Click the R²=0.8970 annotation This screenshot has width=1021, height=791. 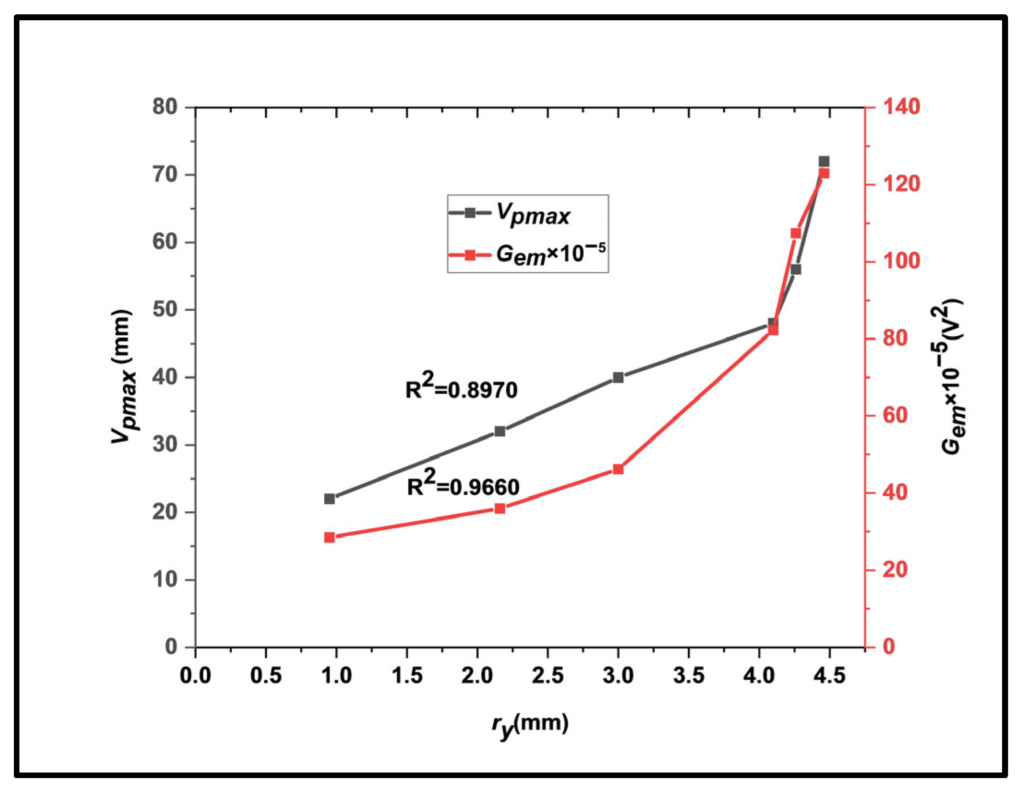pos(461,388)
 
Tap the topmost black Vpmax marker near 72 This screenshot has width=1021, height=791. pos(824,162)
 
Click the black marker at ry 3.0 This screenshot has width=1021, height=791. pos(618,377)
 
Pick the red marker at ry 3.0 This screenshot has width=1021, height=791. pos(618,469)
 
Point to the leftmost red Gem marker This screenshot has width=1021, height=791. pos(330,537)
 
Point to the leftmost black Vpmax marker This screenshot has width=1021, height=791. pos(330,499)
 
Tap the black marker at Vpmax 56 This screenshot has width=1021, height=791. pos(796,270)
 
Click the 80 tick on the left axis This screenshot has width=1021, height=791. pos(165,107)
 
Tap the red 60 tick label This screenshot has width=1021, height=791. pos(894,416)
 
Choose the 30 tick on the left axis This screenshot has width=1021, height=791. pos(165,445)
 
